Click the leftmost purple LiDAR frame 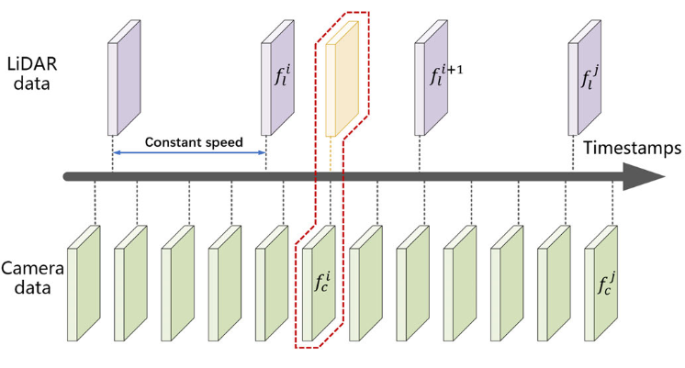click(x=125, y=78)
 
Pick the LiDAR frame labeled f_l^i click(x=278, y=78)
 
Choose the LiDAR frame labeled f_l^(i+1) click(x=432, y=78)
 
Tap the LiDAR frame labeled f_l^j click(x=585, y=78)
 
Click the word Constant click(x=171, y=143)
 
